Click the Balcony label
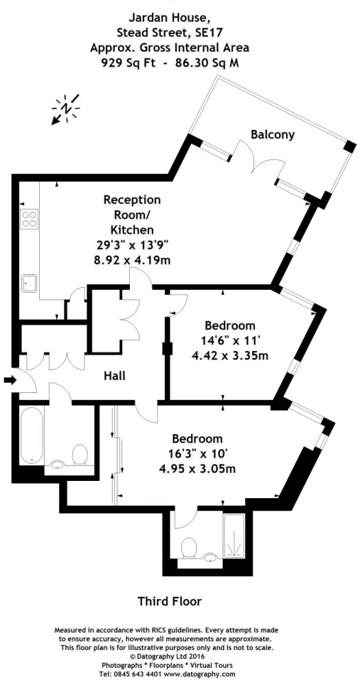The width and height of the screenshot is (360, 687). pyautogui.click(x=273, y=135)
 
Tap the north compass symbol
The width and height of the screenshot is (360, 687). pyautogui.click(x=66, y=109)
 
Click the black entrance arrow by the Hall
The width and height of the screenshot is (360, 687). pyautogui.click(x=9, y=381)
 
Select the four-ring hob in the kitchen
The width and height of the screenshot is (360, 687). pyautogui.click(x=30, y=218)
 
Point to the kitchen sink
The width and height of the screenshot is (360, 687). pyautogui.click(x=30, y=282)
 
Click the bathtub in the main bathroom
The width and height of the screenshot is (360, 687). pyautogui.click(x=32, y=435)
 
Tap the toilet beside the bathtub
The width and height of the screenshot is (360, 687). pyautogui.click(x=80, y=455)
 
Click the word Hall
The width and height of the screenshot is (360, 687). pyautogui.click(x=115, y=376)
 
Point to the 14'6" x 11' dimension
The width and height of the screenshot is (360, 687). pyautogui.click(x=230, y=341)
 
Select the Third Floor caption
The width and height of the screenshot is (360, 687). pyautogui.click(x=170, y=601)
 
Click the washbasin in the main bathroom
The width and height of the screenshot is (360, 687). pyautogui.click(x=58, y=465)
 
